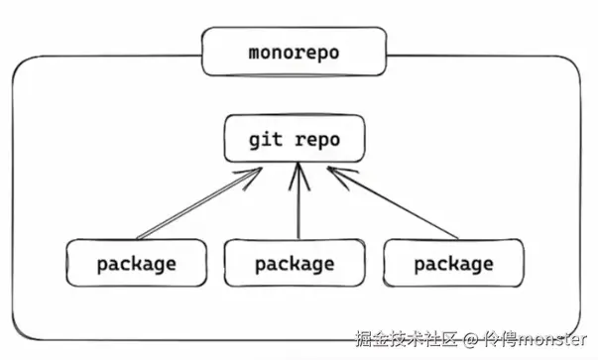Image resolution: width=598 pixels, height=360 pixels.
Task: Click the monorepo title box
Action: pos(294,52)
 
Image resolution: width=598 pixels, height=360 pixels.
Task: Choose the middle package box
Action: pos(294,265)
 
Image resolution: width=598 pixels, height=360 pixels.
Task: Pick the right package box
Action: pos(452,265)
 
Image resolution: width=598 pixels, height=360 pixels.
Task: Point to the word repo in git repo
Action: pos(316,140)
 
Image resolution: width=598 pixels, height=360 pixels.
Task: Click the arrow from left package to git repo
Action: pos(198,204)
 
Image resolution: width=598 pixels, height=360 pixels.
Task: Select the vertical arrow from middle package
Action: pos(298,208)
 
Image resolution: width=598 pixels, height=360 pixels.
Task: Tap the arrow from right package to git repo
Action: pos(392,204)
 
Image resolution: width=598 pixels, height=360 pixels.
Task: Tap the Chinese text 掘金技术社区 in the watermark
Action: pos(408,339)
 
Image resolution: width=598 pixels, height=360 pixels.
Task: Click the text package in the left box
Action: pos(136,265)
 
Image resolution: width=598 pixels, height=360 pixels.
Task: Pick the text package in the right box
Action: pos(453,265)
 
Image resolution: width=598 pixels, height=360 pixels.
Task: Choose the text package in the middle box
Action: pos(295,265)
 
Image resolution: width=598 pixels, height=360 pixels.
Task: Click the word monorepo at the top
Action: pos(294,52)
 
